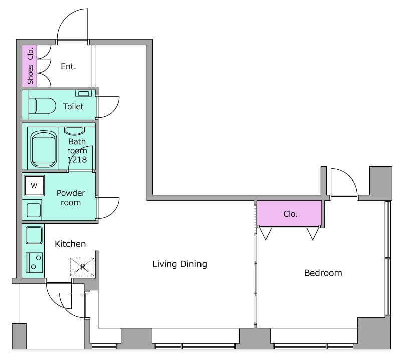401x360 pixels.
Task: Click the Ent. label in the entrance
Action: [68, 67]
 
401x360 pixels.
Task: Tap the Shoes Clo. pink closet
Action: [30, 66]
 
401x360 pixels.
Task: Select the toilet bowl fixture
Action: [42, 105]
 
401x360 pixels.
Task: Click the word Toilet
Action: [73, 106]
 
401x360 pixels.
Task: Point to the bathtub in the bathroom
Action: [44, 149]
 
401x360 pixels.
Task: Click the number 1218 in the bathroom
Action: [77, 160]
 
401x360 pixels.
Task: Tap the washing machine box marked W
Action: [34, 186]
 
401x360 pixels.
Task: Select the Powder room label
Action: [71, 197]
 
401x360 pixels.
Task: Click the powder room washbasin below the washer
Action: [34, 210]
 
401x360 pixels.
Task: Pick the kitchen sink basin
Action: [34, 235]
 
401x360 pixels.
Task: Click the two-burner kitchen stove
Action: [34, 262]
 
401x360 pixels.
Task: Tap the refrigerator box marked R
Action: [82, 267]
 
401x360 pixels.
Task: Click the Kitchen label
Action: [70, 244]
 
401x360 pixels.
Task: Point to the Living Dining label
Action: [180, 264]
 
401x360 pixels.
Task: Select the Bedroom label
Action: [323, 273]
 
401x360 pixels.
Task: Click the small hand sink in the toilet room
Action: [83, 93]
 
